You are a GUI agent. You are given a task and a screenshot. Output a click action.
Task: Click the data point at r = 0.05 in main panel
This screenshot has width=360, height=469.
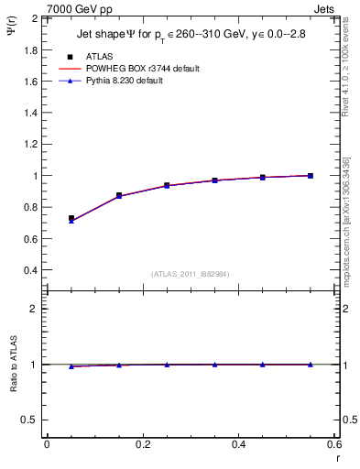point(71,219)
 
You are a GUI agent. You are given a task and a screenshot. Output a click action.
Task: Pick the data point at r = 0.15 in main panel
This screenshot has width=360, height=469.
point(119,195)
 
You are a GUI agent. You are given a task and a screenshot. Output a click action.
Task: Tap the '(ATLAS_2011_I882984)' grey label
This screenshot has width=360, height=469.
point(190,274)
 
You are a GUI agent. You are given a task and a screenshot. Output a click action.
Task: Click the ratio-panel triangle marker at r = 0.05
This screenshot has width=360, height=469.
point(71,365)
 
